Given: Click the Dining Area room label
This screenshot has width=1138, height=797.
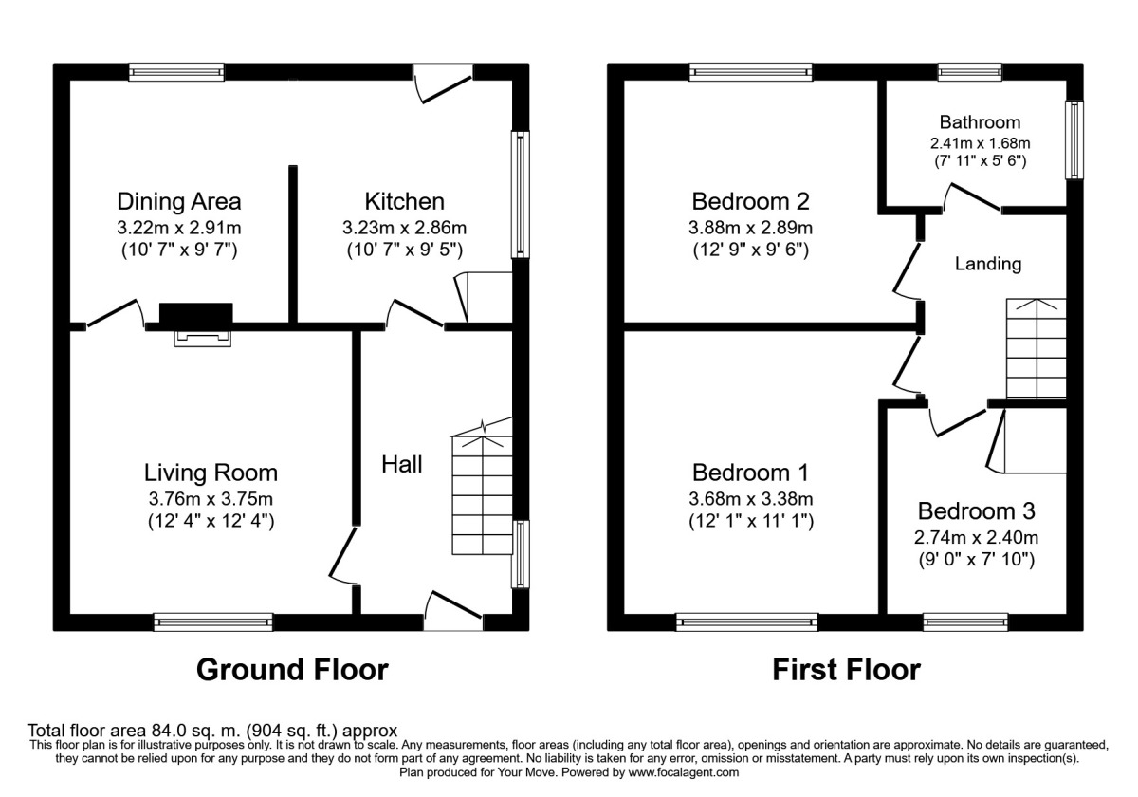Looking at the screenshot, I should [178, 201].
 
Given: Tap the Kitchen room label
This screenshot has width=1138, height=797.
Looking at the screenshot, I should [404, 201].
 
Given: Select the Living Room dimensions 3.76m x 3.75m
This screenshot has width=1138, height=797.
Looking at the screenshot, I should [211, 498].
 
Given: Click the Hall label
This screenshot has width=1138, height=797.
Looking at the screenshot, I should [402, 464].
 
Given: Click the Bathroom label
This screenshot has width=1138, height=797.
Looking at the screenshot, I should [980, 121].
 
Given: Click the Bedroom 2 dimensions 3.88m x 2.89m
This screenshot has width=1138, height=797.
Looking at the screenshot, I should [751, 228].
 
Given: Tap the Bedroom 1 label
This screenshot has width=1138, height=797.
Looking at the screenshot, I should [750, 472].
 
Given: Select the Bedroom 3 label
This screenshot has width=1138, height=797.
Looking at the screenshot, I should [976, 510].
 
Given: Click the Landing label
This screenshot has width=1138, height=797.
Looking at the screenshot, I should [988, 264].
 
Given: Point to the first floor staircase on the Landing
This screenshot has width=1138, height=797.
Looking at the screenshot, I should [1036, 349].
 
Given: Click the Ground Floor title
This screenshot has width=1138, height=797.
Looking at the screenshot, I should [292, 670].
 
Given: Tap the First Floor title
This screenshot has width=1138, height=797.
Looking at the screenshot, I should [846, 670].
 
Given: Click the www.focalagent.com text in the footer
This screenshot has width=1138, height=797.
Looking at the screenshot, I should [676, 773].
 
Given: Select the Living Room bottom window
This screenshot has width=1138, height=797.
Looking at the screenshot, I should [213, 622].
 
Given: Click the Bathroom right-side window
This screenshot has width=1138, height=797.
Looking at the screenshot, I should [1074, 140].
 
